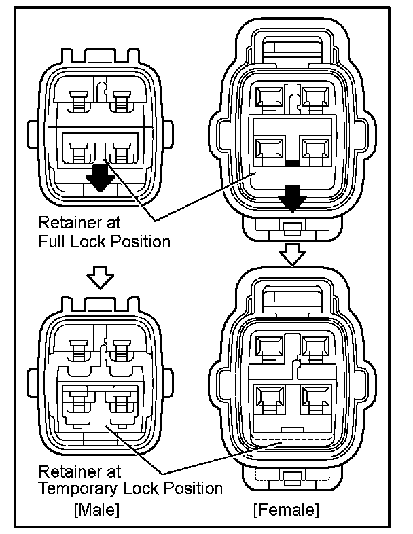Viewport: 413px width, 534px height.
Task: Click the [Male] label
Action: (96, 508)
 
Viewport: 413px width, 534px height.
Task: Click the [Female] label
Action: (285, 508)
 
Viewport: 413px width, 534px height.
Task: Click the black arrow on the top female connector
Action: (292, 198)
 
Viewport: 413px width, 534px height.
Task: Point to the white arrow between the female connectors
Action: (292, 253)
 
